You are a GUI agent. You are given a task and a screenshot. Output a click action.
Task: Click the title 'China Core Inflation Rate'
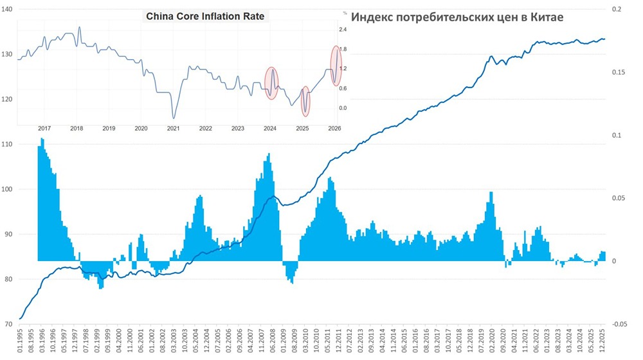click(x=206, y=15)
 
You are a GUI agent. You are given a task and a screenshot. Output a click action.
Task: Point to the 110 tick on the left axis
click(x=10, y=144)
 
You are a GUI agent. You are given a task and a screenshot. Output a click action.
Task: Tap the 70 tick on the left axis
click(x=10, y=324)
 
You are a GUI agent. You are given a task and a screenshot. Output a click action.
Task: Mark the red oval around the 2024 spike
click(x=271, y=83)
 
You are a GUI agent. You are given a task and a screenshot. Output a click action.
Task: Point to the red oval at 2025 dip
click(x=305, y=102)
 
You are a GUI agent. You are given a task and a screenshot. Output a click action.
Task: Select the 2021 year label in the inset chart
click(x=173, y=129)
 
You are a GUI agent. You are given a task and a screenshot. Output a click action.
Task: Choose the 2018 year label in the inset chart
click(x=76, y=129)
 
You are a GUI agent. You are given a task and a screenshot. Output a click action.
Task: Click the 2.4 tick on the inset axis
click(x=343, y=30)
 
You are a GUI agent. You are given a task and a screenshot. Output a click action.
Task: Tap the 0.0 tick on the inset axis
click(x=343, y=108)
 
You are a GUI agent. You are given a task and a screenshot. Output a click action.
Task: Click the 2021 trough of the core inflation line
click(x=173, y=118)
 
